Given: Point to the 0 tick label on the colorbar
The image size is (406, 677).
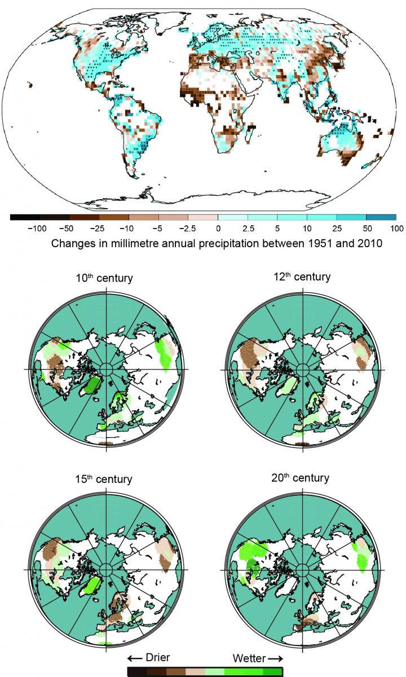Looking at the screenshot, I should click(x=218, y=228).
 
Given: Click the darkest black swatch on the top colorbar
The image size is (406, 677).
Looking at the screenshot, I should click(x=25, y=217).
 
